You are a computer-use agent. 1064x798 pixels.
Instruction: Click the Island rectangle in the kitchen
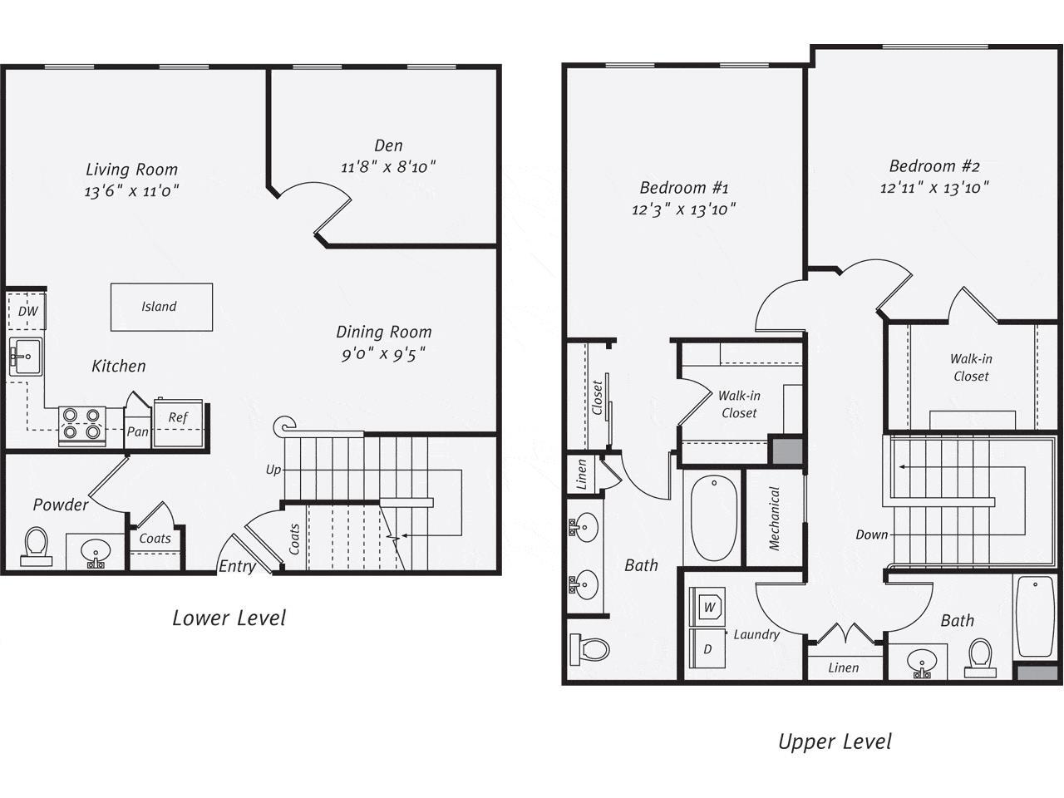(161, 307)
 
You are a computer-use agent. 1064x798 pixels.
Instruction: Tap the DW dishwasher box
(27, 312)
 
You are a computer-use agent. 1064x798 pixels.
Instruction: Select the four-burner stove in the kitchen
(81, 424)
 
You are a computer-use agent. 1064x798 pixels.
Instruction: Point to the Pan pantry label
(137, 432)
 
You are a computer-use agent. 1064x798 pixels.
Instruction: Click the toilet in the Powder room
(37, 545)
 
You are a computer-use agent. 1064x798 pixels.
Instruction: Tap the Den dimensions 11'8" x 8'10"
(388, 167)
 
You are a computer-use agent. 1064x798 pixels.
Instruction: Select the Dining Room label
(383, 332)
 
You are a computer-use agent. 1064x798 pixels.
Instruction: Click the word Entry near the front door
(237, 567)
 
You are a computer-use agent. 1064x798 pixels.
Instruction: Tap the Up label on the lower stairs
(273, 470)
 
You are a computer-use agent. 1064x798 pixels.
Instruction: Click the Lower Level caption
(229, 618)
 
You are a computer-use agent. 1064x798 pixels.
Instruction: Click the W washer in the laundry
(709, 607)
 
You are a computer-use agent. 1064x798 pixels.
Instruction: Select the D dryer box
(707, 648)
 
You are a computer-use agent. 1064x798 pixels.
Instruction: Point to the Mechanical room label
(775, 519)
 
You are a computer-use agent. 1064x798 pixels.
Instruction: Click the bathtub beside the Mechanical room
(714, 517)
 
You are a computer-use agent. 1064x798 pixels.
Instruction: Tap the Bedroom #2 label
(933, 165)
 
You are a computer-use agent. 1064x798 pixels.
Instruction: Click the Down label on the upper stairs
(871, 534)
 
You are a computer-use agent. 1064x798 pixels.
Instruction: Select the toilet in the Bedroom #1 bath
(589, 648)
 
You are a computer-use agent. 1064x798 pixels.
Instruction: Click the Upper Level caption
(835, 741)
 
